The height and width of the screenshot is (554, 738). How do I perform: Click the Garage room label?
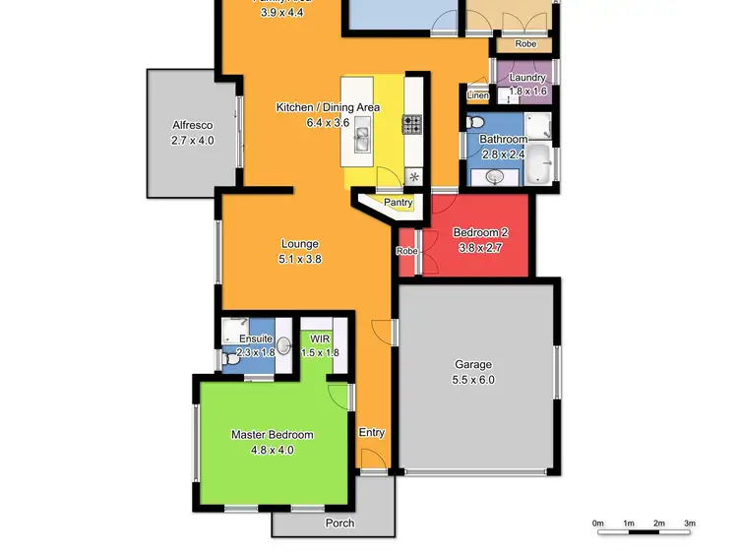473,362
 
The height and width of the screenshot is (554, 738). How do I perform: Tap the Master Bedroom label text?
273,434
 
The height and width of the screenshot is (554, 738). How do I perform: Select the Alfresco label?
192,125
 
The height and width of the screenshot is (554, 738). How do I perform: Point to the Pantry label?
398,203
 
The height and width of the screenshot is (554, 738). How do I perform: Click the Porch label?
339,523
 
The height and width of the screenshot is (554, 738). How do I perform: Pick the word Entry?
372,432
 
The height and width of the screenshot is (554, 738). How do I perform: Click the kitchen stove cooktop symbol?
411,124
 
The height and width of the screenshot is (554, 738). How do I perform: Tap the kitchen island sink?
361,135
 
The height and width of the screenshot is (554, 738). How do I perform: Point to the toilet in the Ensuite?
231,360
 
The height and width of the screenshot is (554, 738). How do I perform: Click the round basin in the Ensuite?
284,345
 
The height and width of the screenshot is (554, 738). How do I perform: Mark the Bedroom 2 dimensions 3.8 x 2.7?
480,248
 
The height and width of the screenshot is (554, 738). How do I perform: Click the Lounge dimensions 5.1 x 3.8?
300,260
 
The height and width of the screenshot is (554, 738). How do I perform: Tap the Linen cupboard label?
477,95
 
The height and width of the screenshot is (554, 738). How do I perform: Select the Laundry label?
527,77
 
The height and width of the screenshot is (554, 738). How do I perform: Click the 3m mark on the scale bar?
690,523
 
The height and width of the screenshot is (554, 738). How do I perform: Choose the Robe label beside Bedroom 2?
406,251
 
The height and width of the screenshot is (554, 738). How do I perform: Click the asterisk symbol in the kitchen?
413,177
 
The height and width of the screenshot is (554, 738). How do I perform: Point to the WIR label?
318,339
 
